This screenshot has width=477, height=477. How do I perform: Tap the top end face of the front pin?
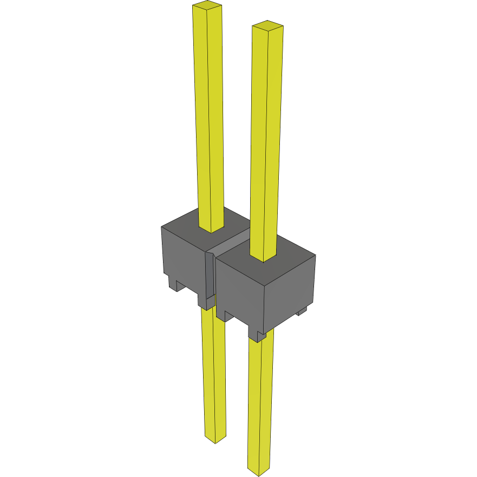pos(268,25)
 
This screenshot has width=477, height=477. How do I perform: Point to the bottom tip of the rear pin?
pos(215,440)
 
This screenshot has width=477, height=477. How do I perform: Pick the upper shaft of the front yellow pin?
pos(266,135)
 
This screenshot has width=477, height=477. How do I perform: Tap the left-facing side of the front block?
pos(238,295)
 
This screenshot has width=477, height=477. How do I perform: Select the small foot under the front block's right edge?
pos(302,311)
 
